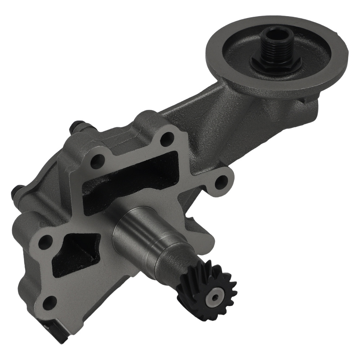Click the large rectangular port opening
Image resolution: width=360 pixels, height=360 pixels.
(130, 184)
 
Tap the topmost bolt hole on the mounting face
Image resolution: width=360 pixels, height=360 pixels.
(166, 138)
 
